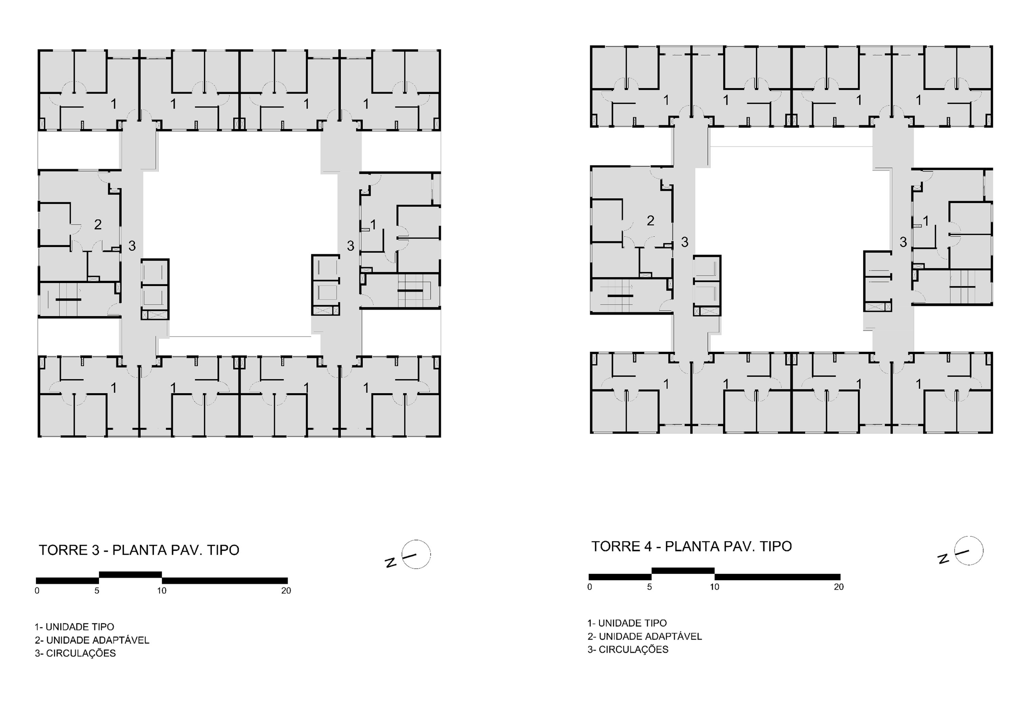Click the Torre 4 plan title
(692, 546)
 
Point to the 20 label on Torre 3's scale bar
(286, 590)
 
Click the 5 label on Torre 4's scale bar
(650, 587)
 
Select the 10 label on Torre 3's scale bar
(162, 590)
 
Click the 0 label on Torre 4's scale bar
(590, 587)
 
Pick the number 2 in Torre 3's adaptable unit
(98, 224)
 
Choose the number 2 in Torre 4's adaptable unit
(650, 220)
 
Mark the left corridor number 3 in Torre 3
(132, 246)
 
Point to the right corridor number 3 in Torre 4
(903, 242)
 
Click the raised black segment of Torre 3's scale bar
(130, 574)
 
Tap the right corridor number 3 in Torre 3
(351, 246)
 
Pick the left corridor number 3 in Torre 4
(685, 242)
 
